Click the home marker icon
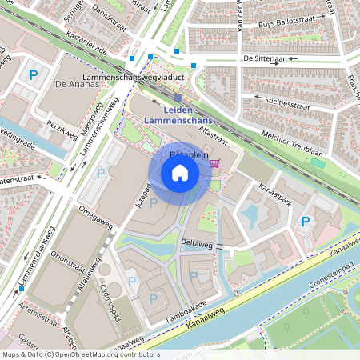(x=180, y=172)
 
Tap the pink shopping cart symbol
(x=214, y=163)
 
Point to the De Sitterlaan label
(x=264, y=59)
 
